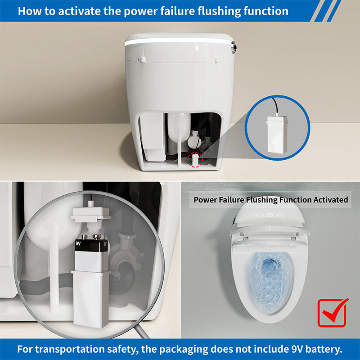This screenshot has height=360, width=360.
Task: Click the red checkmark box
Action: click(333, 313)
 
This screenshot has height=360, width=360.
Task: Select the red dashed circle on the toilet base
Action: click(195, 160)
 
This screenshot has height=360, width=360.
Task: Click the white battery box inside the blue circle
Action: click(277, 135)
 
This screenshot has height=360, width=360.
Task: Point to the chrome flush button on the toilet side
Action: click(234, 47)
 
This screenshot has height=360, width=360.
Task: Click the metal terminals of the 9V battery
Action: click(91, 237)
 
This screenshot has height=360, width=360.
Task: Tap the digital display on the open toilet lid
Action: click(270, 215)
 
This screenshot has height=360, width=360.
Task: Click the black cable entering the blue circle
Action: click(275, 106)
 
